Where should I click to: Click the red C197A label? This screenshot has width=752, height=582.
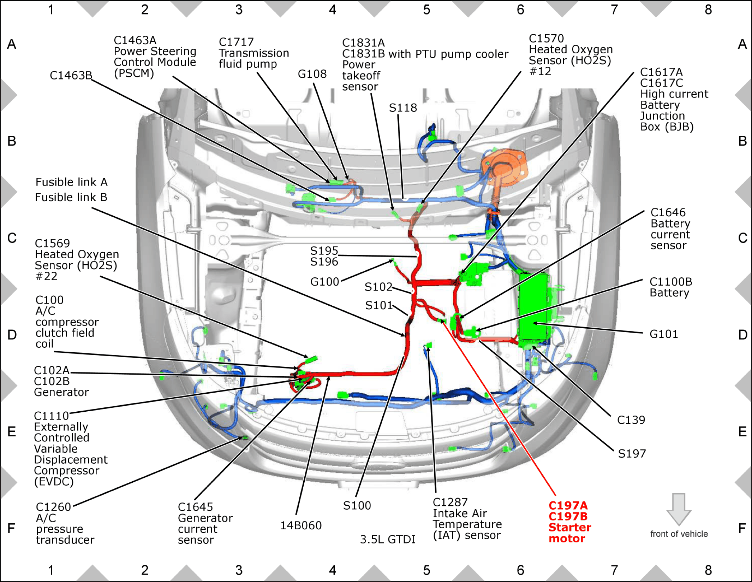pyautogui.click(x=568, y=505)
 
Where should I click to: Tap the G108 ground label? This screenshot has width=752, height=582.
pyautogui.click(x=312, y=74)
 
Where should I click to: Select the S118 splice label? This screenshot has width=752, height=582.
pyautogui.click(x=403, y=108)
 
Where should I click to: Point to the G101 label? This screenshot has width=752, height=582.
pyautogui.click(x=664, y=334)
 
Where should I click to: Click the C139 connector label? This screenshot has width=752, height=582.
pyautogui.click(x=631, y=420)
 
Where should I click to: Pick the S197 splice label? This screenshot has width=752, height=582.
pyautogui.click(x=632, y=453)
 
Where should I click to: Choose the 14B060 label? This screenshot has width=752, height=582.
pyautogui.click(x=301, y=525)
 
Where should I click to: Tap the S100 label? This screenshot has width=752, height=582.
pyautogui.click(x=357, y=506)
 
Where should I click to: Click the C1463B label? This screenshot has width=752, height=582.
pyautogui.click(x=71, y=75)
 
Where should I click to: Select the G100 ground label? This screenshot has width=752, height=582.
pyautogui.click(x=324, y=282)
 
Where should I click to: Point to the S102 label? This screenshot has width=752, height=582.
pyautogui.click(x=378, y=287)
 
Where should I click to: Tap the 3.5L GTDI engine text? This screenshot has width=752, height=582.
pyautogui.click(x=388, y=539)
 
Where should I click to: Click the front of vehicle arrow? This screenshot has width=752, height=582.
pyautogui.click(x=679, y=509)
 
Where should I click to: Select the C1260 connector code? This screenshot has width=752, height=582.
pyautogui.click(x=53, y=507)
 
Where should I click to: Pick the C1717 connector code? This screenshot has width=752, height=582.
pyautogui.click(x=236, y=42)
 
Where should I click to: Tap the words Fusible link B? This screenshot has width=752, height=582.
pyautogui.click(x=71, y=197)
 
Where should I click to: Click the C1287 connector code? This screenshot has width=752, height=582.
pyautogui.click(x=450, y=502)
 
